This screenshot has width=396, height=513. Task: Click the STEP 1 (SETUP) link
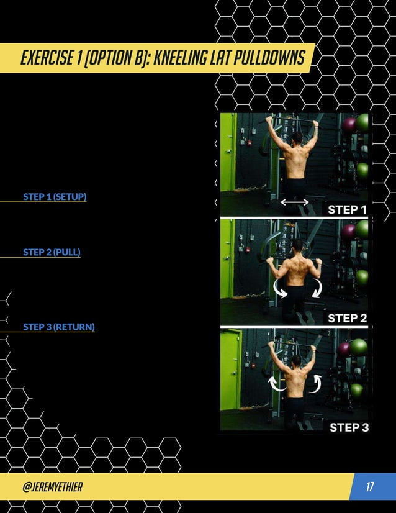(55, 197)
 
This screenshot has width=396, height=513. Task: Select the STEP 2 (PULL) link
(52, 252)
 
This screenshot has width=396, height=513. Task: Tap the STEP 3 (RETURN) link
(59, 327)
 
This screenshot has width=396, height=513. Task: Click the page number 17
(370, 486)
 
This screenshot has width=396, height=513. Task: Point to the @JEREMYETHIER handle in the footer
(52, 486)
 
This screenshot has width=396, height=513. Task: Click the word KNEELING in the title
(178, 58)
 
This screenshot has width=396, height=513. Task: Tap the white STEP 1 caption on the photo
(347, 209)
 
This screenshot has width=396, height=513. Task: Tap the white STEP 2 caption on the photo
(347, 318)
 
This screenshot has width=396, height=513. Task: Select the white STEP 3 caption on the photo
(348, 427)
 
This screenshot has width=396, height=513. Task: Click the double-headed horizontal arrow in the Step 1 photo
(294, 202)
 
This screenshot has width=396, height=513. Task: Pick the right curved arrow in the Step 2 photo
(318, 288)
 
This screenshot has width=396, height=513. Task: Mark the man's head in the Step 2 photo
(297, 247)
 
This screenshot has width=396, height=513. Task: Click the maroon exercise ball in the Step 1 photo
(349, 124)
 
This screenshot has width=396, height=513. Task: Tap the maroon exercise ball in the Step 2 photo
(348, 232)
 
